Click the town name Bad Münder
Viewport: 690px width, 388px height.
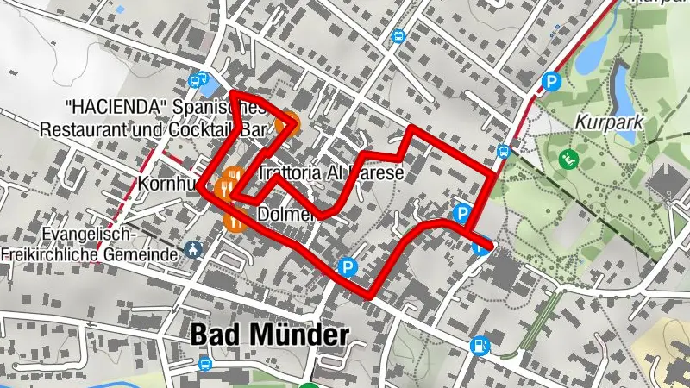click(269, 335)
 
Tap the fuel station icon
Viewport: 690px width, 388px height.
click(479, 346)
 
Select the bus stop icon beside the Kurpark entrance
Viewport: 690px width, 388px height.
click(504, 152)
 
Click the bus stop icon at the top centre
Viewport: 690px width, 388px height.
click(398, 37)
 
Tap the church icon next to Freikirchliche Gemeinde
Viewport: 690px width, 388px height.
click(194, 252)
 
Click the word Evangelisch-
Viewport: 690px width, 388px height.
click(86, 235)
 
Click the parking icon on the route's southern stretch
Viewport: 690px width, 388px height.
click(348, 267)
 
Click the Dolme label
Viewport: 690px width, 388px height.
click(278, 213)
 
